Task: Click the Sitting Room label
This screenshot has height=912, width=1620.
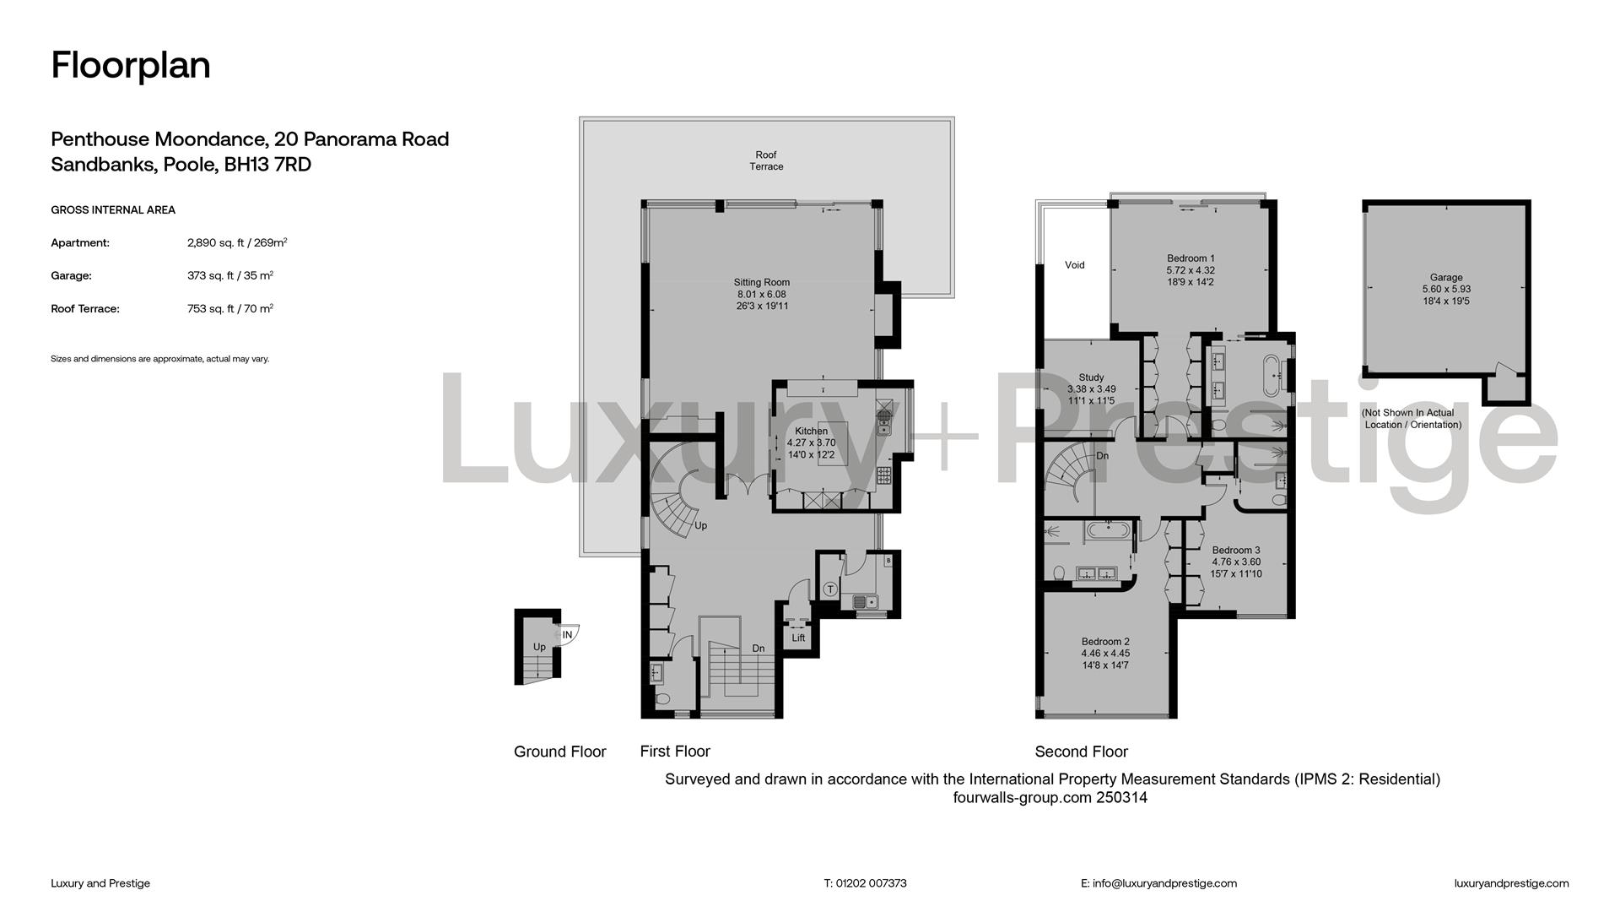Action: pos(762,283)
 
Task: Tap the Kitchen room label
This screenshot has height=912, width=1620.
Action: pos(811,432)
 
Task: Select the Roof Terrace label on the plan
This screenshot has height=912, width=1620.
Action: pos(766,160)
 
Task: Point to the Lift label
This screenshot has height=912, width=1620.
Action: pos(798,638)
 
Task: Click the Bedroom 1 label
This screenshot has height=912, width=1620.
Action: pos(1191,258)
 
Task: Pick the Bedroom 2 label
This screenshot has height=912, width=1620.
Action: pos(1105,642)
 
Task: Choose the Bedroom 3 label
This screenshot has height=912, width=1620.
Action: pos(1236,551)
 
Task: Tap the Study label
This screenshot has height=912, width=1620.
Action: pos(1091,377)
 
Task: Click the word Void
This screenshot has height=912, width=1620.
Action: pos(1075,265)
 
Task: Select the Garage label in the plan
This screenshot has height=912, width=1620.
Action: pos(1446,277)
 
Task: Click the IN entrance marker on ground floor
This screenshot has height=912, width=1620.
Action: pos(567,635)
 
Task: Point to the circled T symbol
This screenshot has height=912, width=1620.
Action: pos(830,589)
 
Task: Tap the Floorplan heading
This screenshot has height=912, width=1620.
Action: pos(131,65)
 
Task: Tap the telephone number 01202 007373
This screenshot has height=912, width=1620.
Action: pos(872,883)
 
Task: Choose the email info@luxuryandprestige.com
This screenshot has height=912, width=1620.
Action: pos(1164,883)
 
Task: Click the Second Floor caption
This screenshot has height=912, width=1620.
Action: pos(1082,752)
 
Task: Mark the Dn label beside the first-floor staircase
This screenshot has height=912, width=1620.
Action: pos(759,649)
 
